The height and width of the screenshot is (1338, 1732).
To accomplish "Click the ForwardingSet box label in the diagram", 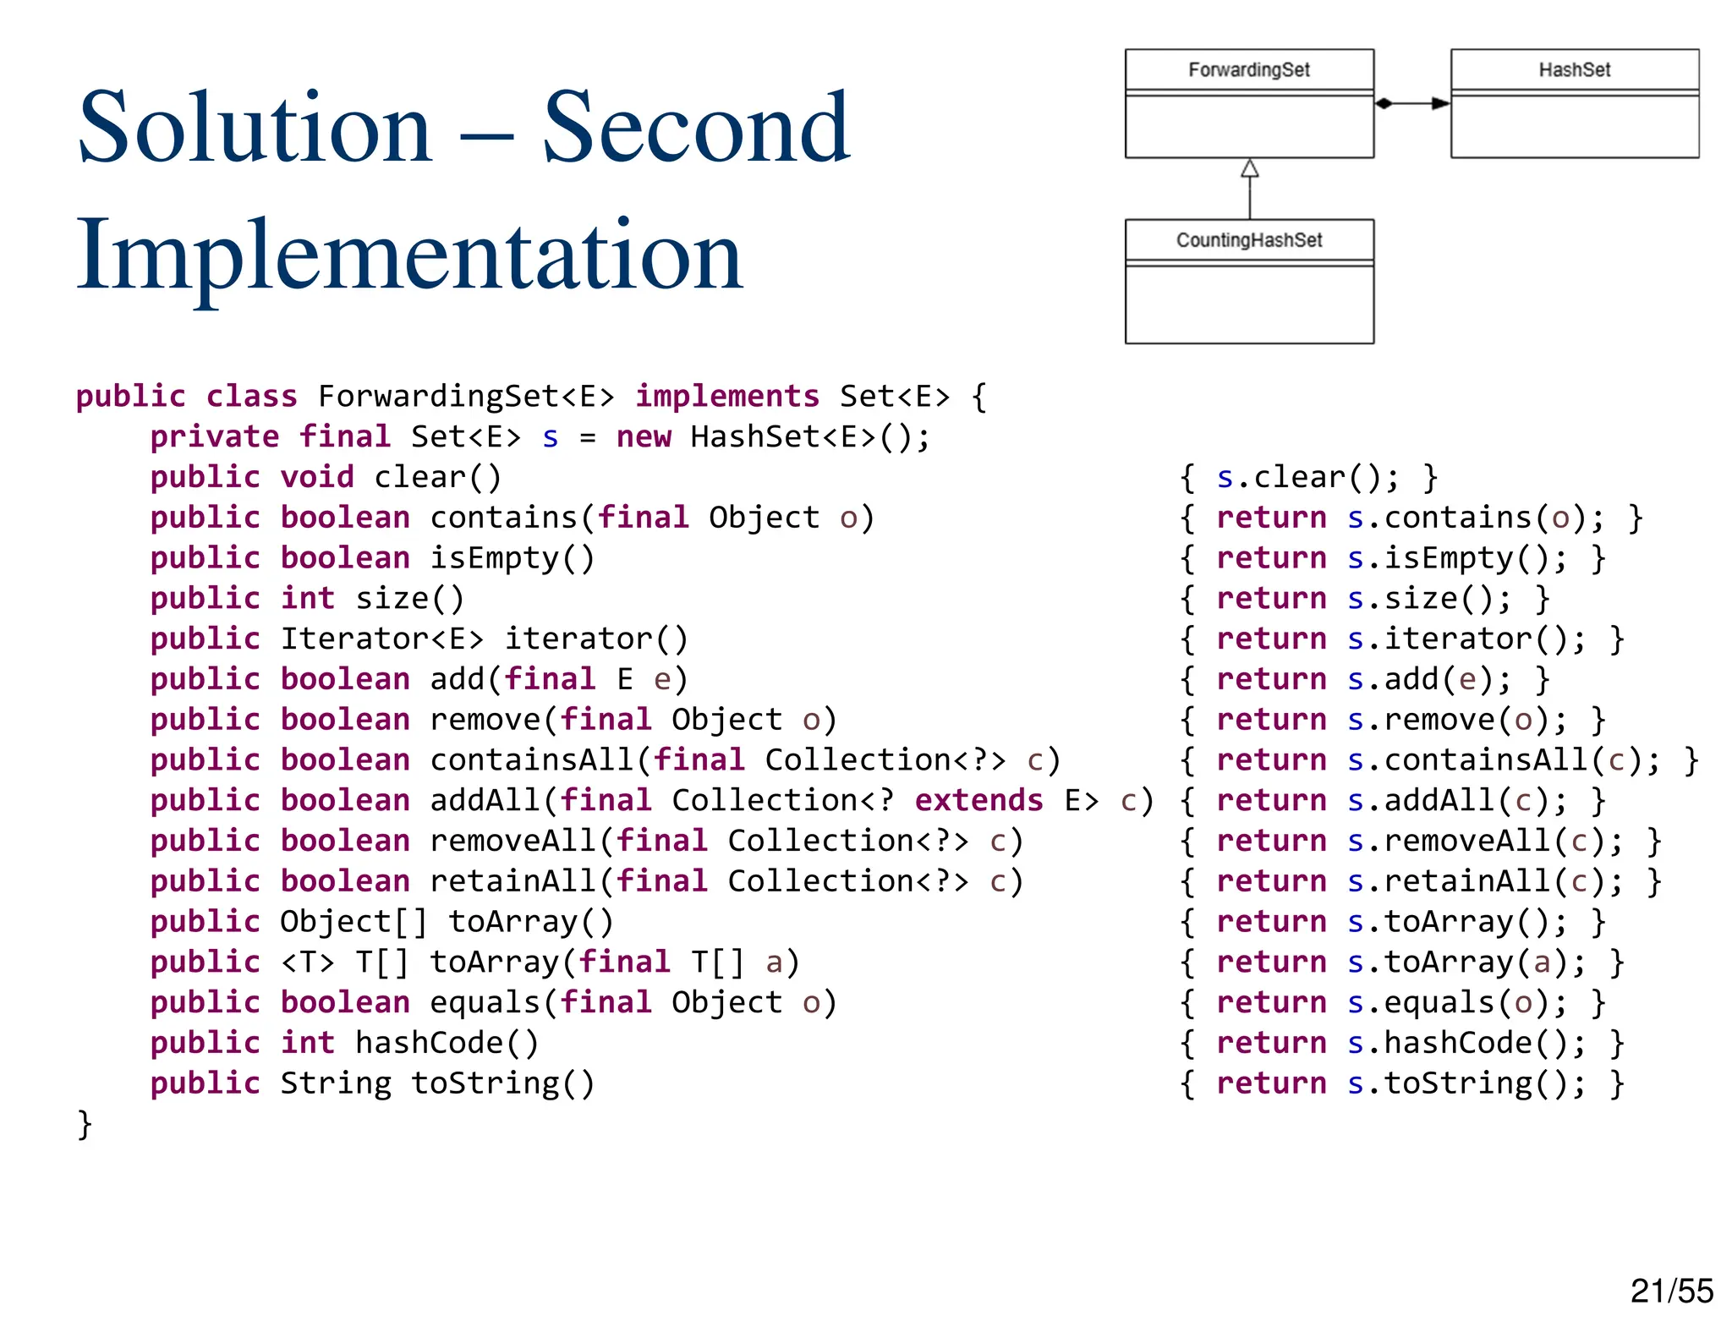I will (1248, 69).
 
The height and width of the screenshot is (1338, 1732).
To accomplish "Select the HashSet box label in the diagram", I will (1574, 69).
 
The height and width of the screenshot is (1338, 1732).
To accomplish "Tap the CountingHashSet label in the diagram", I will (1248, 240).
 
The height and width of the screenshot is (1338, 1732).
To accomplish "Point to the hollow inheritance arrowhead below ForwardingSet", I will (1249, 169).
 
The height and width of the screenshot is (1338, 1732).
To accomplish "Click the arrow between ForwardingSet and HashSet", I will (1411, 103).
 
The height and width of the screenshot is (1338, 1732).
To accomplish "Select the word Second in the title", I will (695, 129).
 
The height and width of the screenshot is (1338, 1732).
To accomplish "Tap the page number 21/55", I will (1671, 1291).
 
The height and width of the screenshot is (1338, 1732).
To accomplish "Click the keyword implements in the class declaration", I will (727, 396).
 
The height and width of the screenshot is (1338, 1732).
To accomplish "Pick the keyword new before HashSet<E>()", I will (644, 436).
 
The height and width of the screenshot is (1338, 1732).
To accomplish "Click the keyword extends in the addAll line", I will (978, 800).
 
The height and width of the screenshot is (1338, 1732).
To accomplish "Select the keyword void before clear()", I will (317, 477).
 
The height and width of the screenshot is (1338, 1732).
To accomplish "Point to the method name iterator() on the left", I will (596, 639).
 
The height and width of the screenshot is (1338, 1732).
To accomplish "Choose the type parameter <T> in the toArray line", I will (308, 962).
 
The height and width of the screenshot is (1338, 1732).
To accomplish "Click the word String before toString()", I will (336, 1083).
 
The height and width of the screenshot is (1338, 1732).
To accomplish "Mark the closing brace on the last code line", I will (84, 1124).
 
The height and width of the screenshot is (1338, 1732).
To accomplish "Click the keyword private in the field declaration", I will (215, 436).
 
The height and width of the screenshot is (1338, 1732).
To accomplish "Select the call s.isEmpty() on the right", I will (1448, 558).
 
